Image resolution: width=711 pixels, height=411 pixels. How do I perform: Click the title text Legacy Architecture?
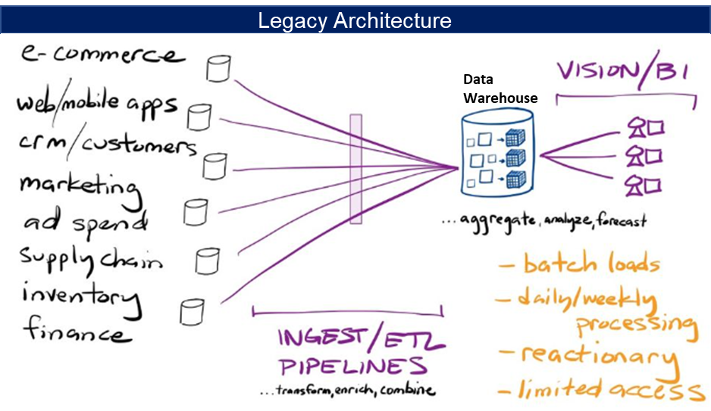(x=355, y=20)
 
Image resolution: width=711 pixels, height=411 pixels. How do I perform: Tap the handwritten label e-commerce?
(x=103, y=55)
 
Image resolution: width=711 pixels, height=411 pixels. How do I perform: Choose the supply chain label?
(x=91, y=261)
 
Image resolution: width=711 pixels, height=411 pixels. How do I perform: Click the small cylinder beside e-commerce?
(x=218, y=69)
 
